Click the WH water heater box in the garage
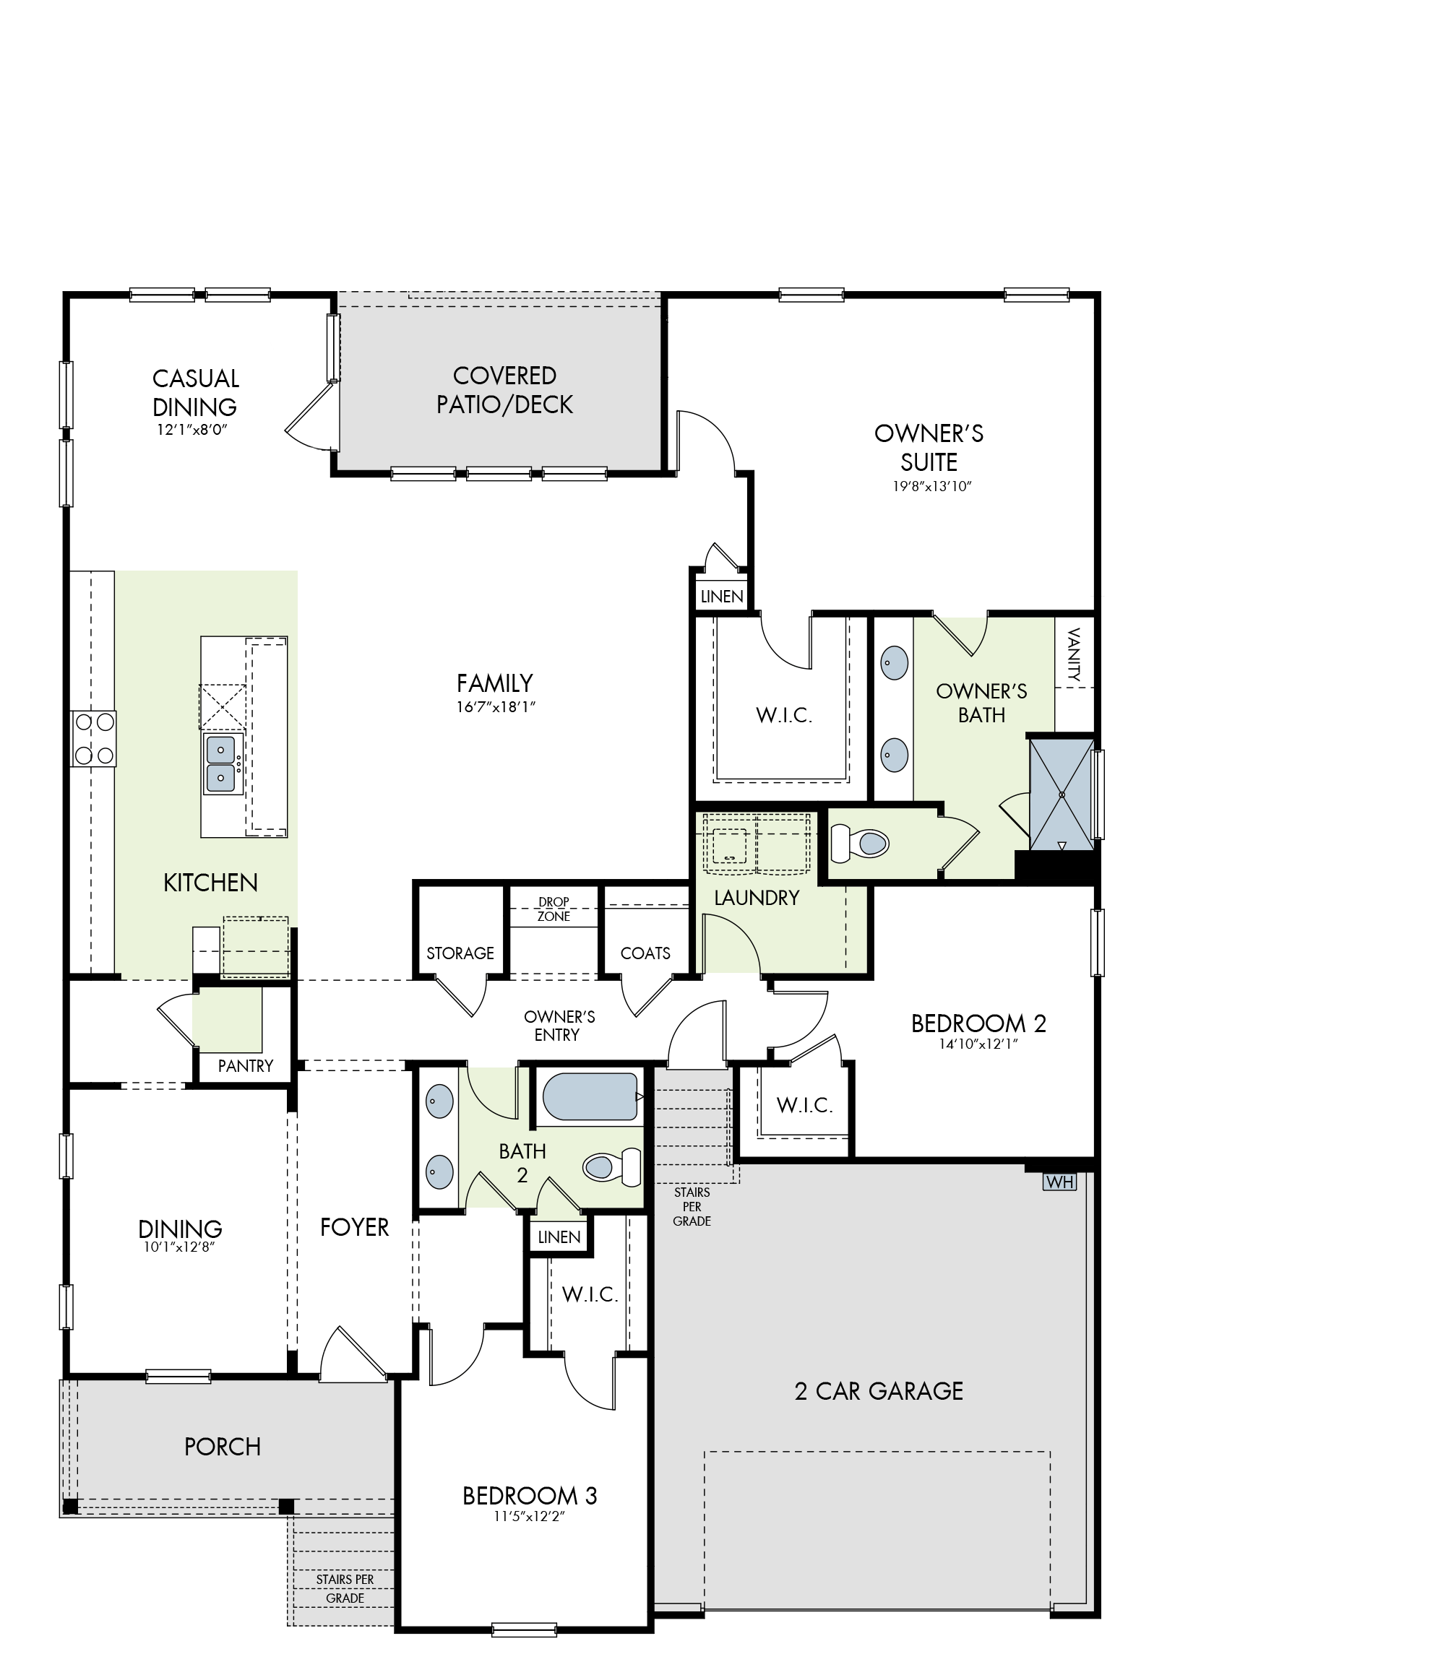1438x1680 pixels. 1059,1182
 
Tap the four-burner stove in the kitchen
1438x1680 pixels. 94,739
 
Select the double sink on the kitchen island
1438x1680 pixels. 221,763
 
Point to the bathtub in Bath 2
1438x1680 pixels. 590,1097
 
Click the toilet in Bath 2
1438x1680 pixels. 612,1166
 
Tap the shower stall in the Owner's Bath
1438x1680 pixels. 1061,794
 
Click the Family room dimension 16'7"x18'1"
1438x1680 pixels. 496,707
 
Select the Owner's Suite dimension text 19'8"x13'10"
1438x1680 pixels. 929,487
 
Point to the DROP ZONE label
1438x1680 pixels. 554,909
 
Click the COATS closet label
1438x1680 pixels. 645,953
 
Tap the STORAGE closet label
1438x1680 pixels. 461,953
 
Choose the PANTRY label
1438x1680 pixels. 246,1066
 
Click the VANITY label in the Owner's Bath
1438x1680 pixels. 1075,654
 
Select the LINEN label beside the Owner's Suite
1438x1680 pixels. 722,597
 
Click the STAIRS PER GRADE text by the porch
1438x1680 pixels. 345,1588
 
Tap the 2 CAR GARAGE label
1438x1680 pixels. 879,1391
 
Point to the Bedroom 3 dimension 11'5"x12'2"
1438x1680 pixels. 529,1517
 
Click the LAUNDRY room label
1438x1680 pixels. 757,898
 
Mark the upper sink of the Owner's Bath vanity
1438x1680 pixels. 894,662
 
